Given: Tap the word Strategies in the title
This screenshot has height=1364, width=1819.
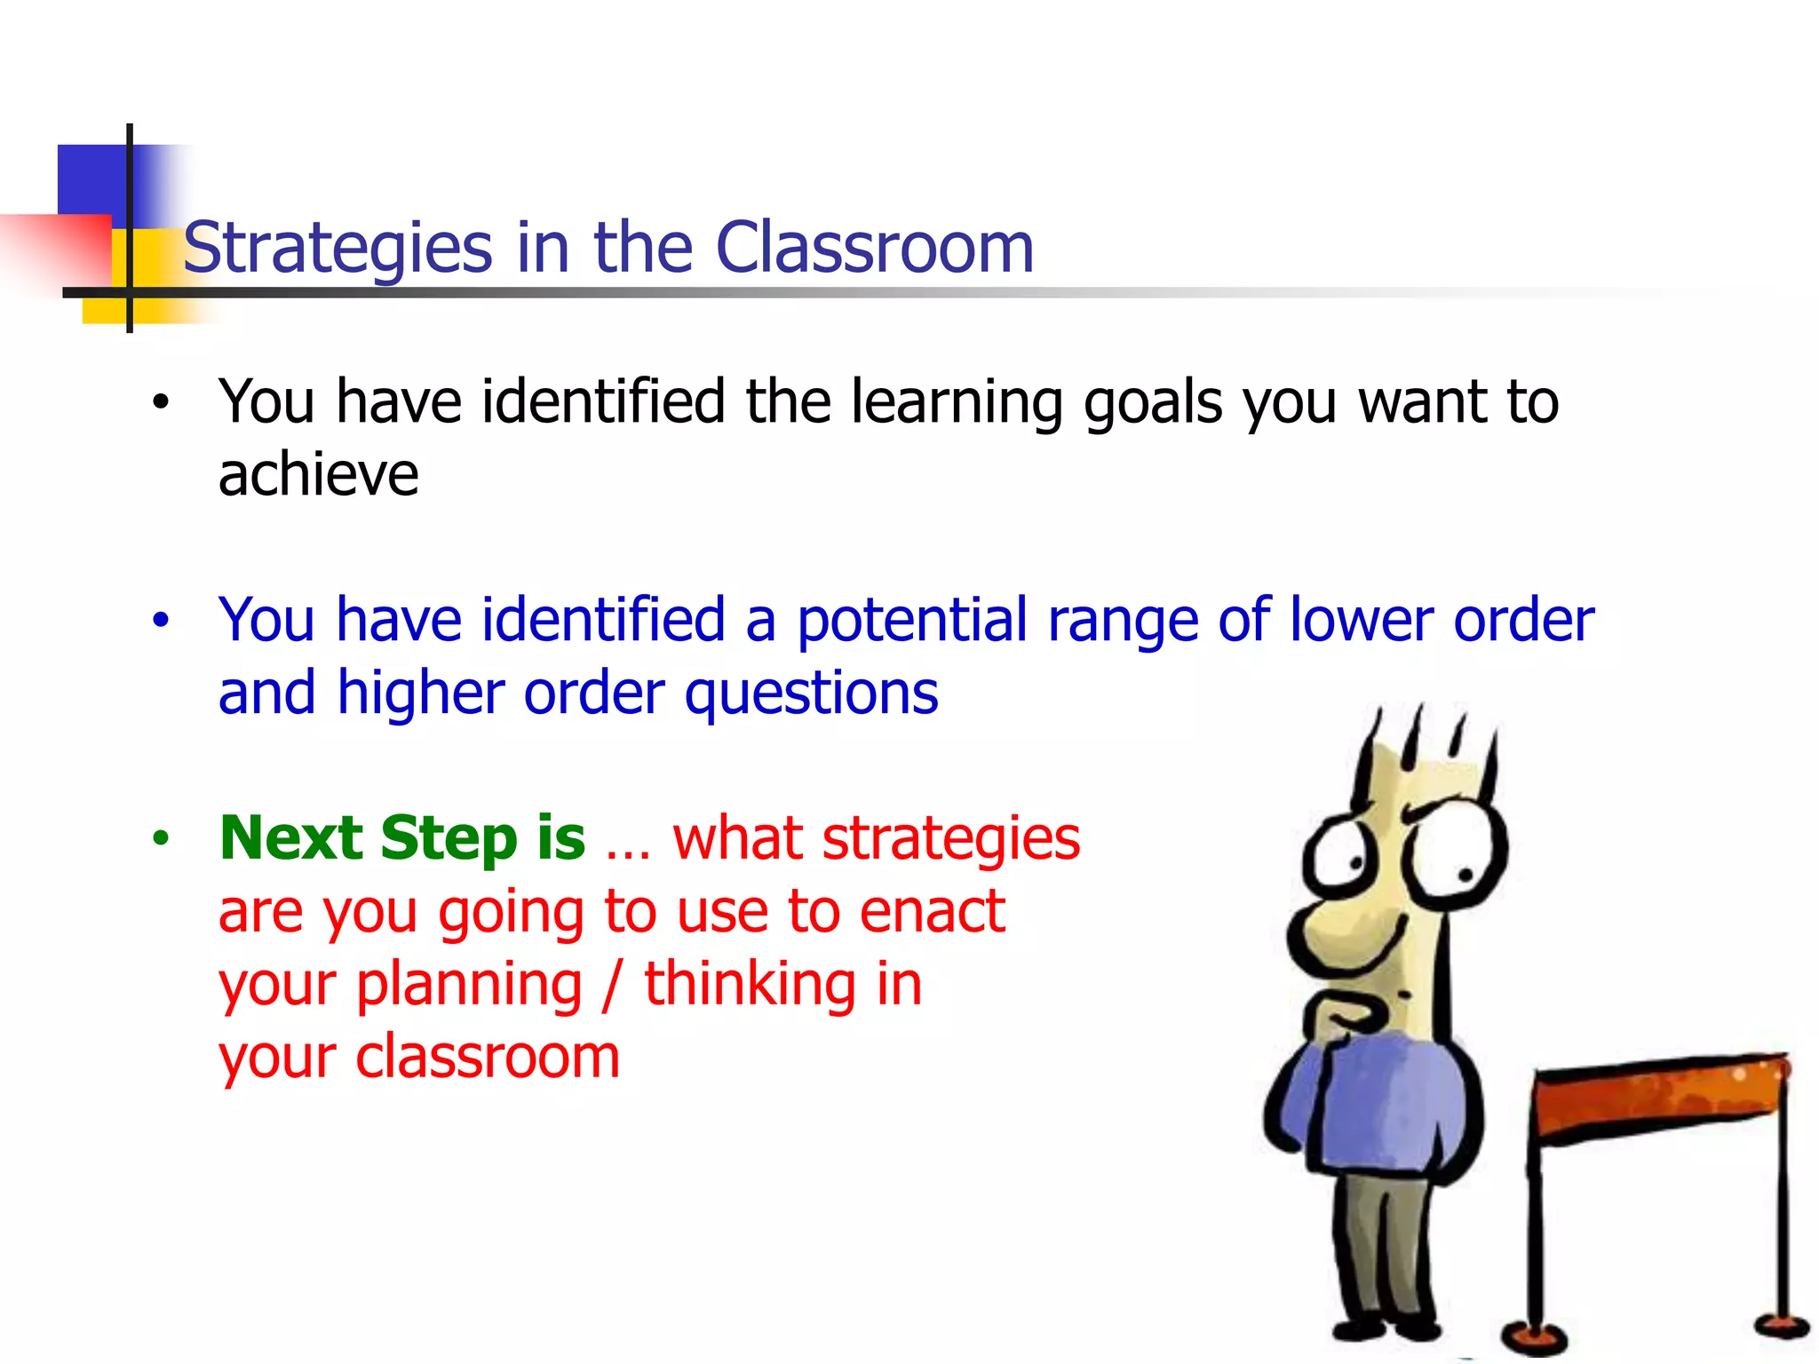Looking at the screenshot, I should pos(338,249).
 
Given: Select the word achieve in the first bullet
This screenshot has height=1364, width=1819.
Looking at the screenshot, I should pos(318,474).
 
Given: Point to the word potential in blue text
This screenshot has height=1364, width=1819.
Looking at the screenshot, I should pos(911,621).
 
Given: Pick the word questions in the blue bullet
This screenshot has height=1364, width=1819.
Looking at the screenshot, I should pos(811,694).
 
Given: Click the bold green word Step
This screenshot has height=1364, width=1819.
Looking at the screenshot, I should pos(449,839).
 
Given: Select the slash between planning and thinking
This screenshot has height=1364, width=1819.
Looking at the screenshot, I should pos(610,986).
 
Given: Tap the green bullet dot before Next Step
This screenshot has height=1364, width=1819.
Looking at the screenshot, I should pos(160,837).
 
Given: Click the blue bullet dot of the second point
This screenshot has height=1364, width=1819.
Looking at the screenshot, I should pos(160,620).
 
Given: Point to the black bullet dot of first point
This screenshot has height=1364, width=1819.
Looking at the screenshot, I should pos(160,402).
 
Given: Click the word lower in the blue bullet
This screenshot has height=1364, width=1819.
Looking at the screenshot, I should pos(1359,620).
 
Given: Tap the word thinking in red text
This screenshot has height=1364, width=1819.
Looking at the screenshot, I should pos(751,986).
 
